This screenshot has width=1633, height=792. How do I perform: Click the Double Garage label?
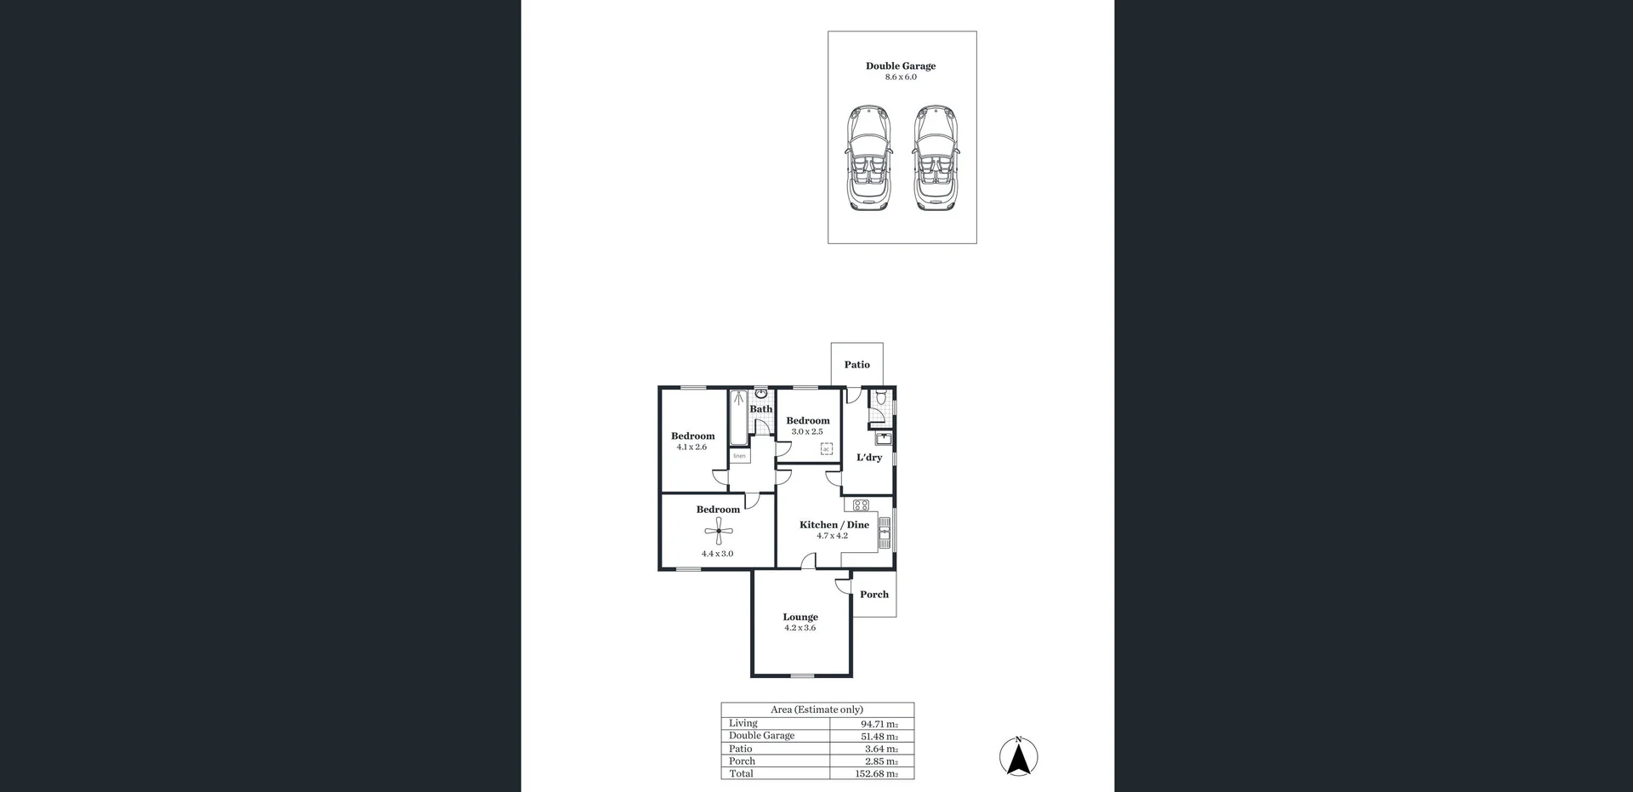point(901,66)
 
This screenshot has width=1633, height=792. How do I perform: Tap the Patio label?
point(856,365)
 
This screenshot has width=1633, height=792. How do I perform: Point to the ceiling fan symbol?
point(719,533)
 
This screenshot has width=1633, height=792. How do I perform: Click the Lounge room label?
point(800,617)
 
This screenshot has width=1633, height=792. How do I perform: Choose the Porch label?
point(874,595)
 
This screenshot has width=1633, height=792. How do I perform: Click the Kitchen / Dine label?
point(834,525)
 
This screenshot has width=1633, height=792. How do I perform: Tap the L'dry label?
point(869,458)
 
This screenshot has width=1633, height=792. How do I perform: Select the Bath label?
point(761,409)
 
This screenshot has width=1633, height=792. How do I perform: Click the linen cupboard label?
point(739,456)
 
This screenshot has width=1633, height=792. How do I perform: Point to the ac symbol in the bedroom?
point(826,449)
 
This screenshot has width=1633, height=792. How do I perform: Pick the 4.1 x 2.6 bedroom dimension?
point(691,447)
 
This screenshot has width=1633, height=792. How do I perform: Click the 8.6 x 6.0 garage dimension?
point(901,77)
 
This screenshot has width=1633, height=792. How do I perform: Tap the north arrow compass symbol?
point(1018,756)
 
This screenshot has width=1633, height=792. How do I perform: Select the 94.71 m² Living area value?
point(879,724)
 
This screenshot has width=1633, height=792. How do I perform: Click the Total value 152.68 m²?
point(876,774)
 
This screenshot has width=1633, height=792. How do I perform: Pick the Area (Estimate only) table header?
point(816,709)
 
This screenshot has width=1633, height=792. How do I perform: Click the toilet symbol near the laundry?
point(882,397)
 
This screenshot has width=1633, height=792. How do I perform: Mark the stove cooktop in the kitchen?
point(860,504)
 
